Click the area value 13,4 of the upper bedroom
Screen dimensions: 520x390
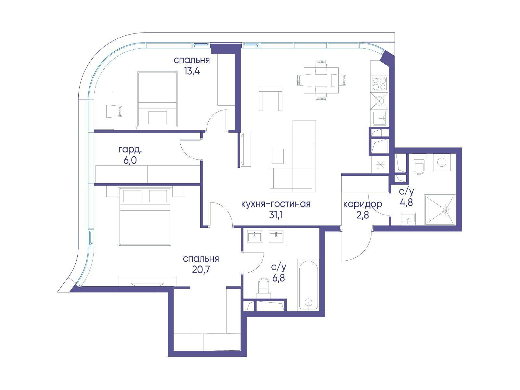click(192, 71)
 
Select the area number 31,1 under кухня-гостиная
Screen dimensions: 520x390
click(276, 215)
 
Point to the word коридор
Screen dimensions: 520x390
click(362, 204)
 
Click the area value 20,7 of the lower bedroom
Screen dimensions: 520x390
click(201, 270)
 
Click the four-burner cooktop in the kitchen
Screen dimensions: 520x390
click(379, 84)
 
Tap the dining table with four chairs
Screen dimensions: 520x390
click(321, 80)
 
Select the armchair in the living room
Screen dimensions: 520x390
click(270, 99)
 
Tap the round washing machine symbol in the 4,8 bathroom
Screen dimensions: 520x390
click(442, 162)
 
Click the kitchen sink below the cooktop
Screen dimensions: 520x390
click(380, 118)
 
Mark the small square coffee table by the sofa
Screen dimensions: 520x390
click(278, 156)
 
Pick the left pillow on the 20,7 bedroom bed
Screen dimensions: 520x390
click(132, 196)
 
